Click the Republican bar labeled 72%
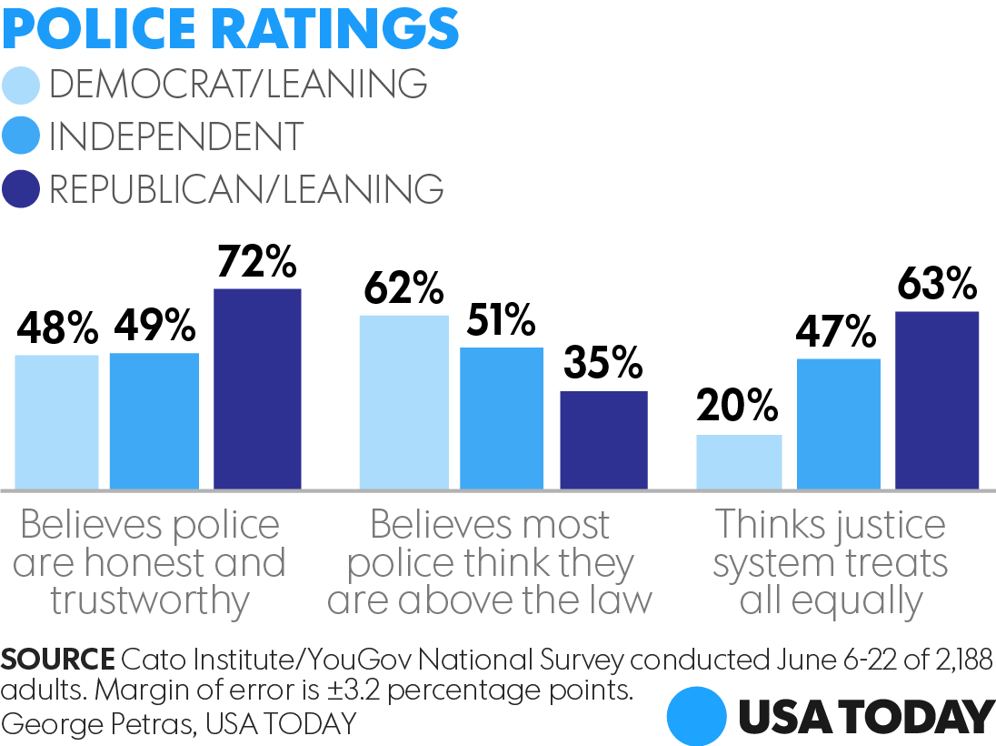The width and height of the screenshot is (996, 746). (257, 389)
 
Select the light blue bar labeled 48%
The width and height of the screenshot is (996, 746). (56, 421)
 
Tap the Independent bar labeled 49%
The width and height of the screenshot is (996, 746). (154, 420)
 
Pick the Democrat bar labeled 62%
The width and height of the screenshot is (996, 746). (403, 402)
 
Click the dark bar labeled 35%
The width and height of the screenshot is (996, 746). (603, 440)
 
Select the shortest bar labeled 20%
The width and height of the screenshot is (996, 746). (739, 462)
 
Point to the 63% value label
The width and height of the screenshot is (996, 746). (936, 284)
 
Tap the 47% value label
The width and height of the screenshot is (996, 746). (838, 332)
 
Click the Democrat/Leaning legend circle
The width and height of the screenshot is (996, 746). (22, 86)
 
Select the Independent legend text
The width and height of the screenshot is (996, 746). (175, 137)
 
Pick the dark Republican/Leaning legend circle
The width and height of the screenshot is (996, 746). (22, 190)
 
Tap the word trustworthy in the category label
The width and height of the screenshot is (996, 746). (150, 601)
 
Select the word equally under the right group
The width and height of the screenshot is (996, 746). (832, 601)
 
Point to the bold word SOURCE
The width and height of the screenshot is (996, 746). (57, 660)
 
